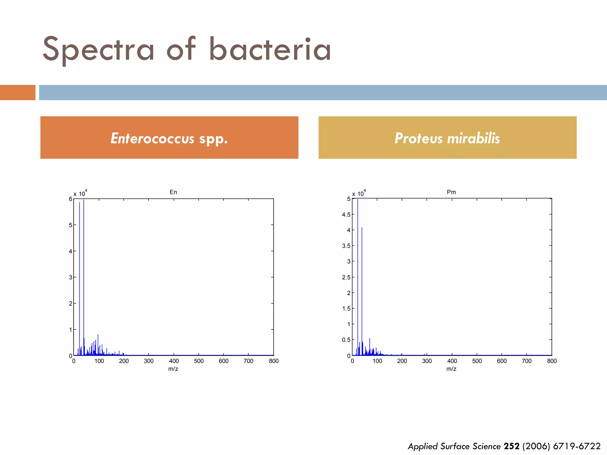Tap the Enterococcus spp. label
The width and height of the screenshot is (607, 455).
169,138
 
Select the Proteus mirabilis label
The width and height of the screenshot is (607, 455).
447,138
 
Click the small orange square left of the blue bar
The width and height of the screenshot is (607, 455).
17,92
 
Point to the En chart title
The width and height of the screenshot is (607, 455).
173,192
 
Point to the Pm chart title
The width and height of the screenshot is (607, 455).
451,192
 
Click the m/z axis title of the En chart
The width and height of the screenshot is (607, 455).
173,369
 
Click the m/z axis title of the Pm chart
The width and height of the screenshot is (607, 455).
451,369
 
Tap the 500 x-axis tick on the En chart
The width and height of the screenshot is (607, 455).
199,361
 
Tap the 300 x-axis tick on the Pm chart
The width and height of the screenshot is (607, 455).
427,361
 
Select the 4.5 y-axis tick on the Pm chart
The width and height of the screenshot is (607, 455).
346,214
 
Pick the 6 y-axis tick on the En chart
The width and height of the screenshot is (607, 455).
71,199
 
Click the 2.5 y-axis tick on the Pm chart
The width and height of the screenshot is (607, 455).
346,277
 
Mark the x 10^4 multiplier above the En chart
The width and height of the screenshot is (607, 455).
80,193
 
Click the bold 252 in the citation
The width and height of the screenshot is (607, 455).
511,446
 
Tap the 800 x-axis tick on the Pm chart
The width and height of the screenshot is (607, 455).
552,361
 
